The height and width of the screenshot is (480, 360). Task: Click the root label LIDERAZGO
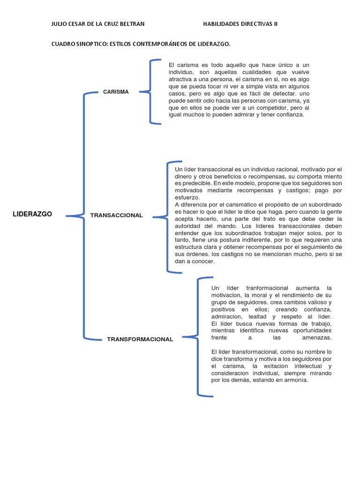click(32, 214)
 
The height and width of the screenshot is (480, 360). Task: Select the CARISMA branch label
click(116, 92)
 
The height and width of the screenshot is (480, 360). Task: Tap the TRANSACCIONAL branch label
click(116, 215)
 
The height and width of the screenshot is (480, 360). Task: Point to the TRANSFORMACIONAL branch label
click(140, 339)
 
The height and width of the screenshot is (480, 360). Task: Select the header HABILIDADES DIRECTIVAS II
click(240, 24)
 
